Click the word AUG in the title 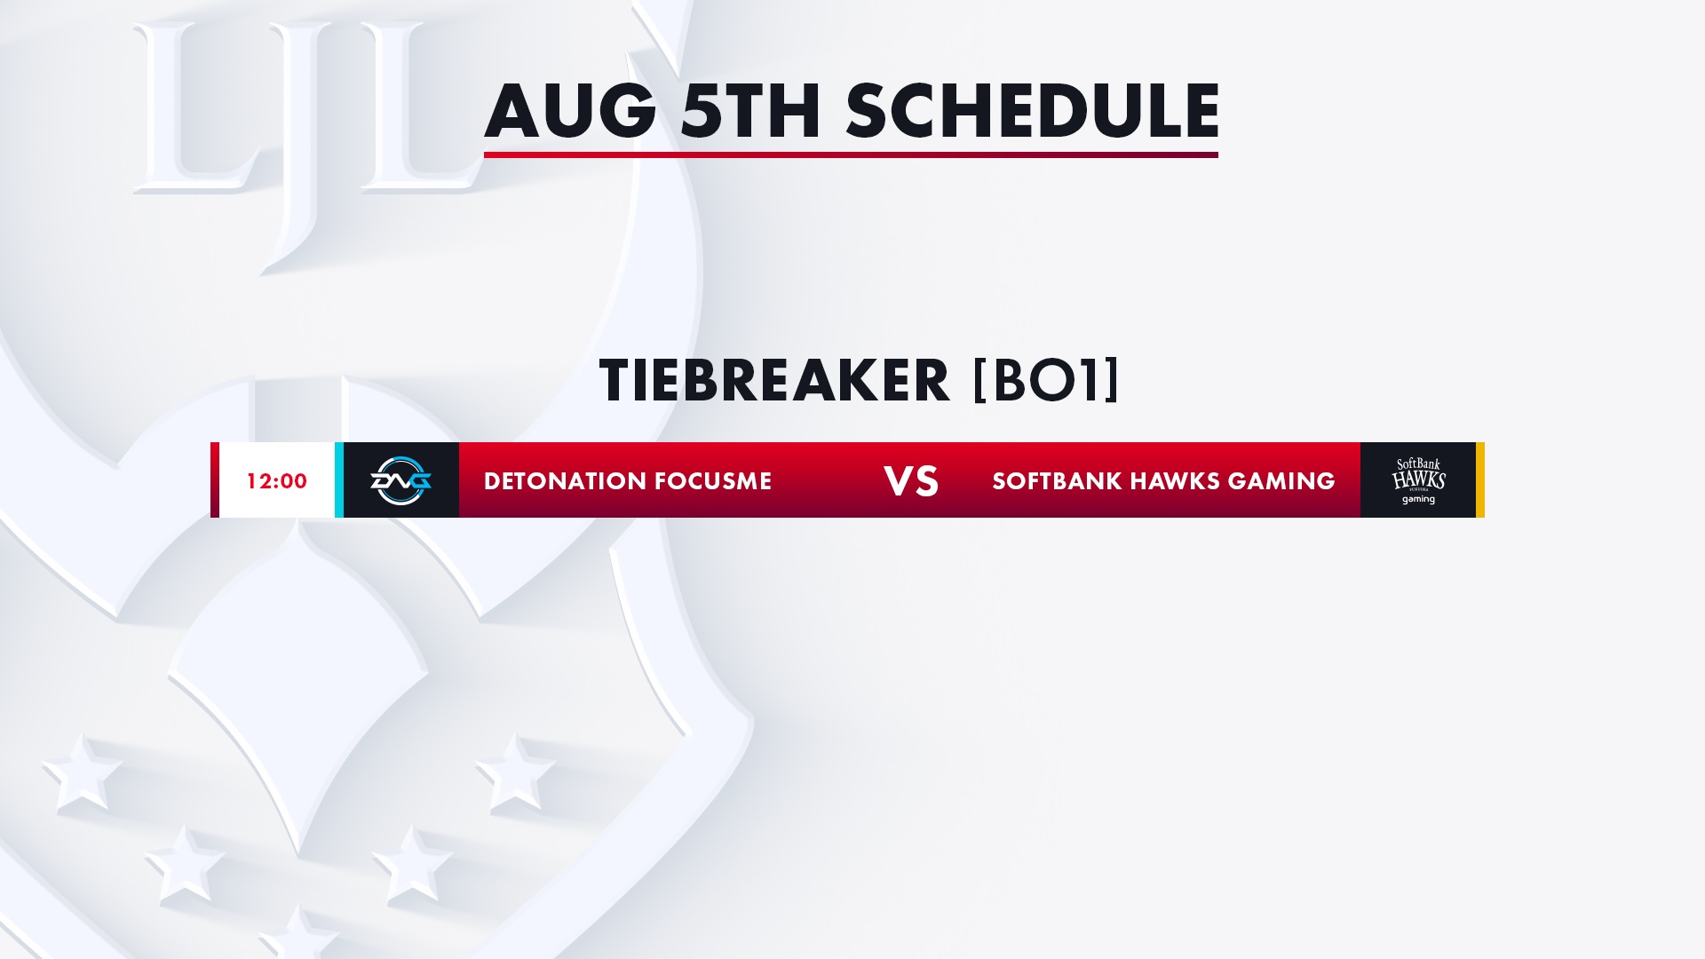tap(569, 111)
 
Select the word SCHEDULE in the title tap(1033, 111)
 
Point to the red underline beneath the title tap(851, 155)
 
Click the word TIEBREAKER tap(774, 381)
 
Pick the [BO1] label tap(1046, 381)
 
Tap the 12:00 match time tap(277, 481)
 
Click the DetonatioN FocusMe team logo tap(400, 480)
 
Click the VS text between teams tap(911, 481)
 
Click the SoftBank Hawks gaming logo tap(1418, 480)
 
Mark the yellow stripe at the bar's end tap(1480, 479)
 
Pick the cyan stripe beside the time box tap(339, 479)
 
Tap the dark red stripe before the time tap(215, 479)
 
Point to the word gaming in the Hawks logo tap(1418, 499)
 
